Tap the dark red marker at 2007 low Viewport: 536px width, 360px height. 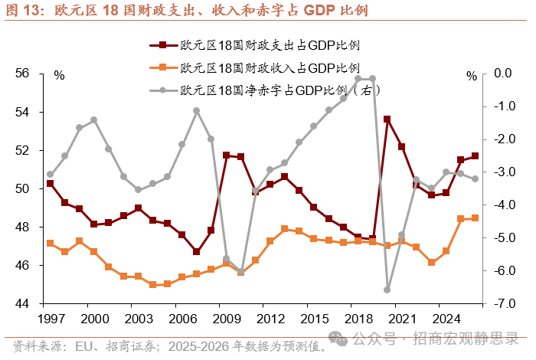click(x=196, y=251)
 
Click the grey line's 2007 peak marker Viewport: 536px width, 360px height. click(x=196, y=110)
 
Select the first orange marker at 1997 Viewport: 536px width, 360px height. click(x=50, y=243)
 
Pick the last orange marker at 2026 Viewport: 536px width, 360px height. click(x=475, y=218)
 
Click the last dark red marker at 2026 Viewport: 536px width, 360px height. click(x=475, y=156)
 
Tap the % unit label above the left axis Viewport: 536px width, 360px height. click(x=60, y=75)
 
